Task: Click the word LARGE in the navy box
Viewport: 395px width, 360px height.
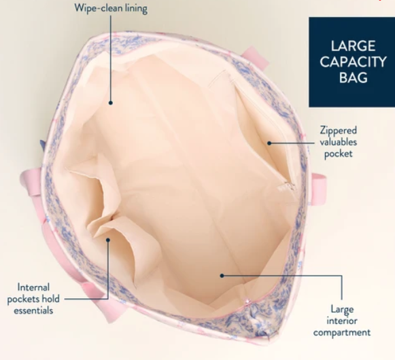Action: click(353, 46)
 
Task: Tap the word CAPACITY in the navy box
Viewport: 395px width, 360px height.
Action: click(353, 62)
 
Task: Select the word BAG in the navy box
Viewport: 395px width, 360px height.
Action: click(353, 77)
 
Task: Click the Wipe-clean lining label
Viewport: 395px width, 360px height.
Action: click(111, 8)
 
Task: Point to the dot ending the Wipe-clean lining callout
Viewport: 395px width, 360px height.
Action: click(110, 103)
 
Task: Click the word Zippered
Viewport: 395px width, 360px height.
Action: click(339, 130)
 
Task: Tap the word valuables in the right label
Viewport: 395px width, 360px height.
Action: click(339, 142)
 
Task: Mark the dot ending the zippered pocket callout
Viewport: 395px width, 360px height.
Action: click(269, 143)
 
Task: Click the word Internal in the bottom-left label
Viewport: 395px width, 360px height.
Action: click(33, 287)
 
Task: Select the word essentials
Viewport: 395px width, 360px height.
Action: click(33, 310)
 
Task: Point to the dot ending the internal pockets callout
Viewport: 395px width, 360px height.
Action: click(108, 240)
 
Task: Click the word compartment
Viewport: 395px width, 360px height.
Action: click(342, 333)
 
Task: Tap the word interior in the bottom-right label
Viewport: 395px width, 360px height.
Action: click(342, 321)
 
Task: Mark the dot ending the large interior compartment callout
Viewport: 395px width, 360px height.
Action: click(222, 276)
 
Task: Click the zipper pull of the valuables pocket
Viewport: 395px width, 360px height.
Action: click(286, 187)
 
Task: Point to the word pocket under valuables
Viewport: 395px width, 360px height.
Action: click(339, 154)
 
